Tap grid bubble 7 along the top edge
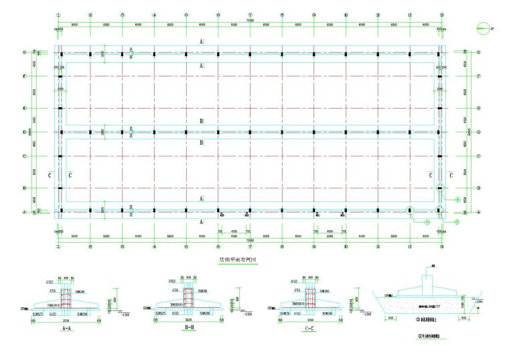(250, 14)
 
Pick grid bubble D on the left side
(43, 132)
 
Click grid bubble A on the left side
(43, 211)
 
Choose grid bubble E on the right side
(477, 108)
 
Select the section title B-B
(188, 331)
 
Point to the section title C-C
(309, 331)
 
